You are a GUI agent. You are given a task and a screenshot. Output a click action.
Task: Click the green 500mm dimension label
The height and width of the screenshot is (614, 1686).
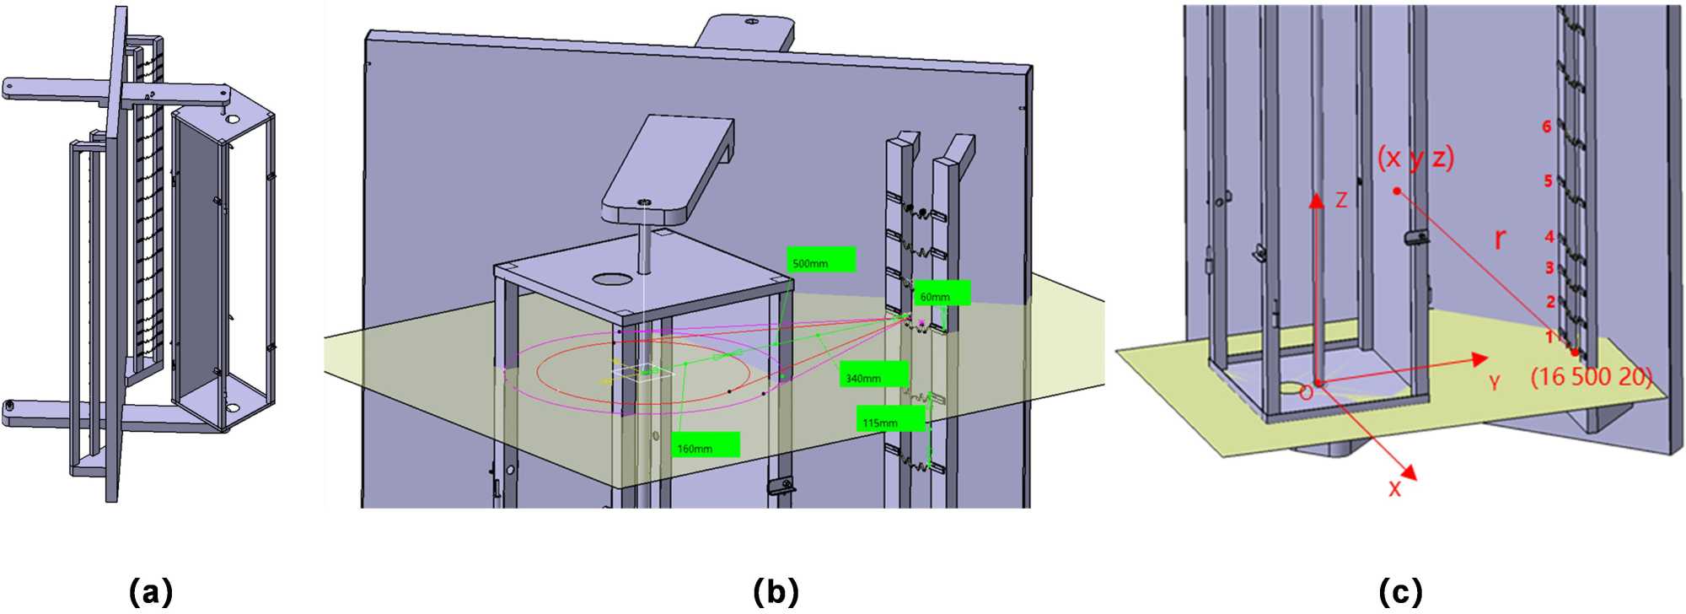pyautogui.click(x=821, y=260)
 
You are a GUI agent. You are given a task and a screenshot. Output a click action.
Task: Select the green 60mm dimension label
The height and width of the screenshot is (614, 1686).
pyautogui.click(x=942, y=294)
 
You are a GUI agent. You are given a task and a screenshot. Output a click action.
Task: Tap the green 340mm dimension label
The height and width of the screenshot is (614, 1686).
pyautogui.click(x=873, y=374)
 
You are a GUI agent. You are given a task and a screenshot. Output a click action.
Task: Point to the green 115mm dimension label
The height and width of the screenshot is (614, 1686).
pyautogui.click(x=890, y=418)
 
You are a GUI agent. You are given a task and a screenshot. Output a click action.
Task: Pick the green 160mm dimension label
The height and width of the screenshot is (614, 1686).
pyautogui.click(x=706, y=444)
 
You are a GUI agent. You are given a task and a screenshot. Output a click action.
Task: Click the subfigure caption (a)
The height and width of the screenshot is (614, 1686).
pyautogui.click(x=151, y=591)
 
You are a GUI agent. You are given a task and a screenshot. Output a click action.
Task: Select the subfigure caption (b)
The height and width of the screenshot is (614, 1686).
pyautogui.click(x=776, y=591)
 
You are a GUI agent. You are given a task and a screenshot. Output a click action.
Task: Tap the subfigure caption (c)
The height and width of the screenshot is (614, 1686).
pyautogui.click(x=1400, y=591)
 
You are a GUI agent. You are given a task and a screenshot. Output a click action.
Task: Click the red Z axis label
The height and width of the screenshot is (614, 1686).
pyautogui.click(x=1340, y=200)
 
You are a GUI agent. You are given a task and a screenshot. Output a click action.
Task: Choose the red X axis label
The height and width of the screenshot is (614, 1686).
pyautogui.click(x=1394, y=489)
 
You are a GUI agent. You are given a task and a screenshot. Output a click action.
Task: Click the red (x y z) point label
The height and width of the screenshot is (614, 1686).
pyautogui.click(x=1415, y=158)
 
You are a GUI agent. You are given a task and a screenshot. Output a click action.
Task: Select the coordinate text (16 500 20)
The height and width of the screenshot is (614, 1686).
pyautogui.click(x=1591, y=376)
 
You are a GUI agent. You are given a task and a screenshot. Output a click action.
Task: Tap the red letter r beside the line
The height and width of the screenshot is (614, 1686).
pyautogui.click(x=1499, y=240)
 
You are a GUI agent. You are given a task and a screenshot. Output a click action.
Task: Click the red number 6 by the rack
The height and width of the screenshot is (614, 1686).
pyautogui.click(x=1546, y=127)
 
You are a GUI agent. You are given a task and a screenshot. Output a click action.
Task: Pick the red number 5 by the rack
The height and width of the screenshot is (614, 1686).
pyautogui.click(x=1548, y=180)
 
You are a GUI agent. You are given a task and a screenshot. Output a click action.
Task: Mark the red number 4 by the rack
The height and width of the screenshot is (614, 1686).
pyautogui.click(x=1549, y=237)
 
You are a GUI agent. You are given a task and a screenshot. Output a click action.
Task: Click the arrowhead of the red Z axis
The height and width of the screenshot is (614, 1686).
pyautogui.click(x=1316, y=199)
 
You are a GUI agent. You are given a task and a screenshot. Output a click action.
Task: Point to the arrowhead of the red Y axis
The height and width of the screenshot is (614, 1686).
pyautogui.click(x=1479, y=359)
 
